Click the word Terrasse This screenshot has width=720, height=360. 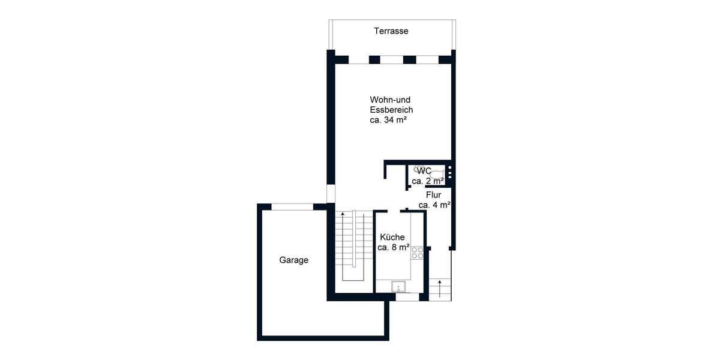(x=391, y=31)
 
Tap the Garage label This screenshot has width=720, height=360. (x=294, y=260)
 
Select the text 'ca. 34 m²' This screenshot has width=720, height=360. (x=389, y=120)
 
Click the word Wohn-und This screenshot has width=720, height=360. (x=389, y=99)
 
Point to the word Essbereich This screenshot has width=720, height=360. (x=391, y=110)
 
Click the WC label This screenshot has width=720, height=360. (x=424, y=171)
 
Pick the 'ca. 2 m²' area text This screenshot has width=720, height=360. (x=427, y=181)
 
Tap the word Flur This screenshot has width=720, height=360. (x=434, y=195)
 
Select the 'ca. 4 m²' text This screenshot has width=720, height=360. (x=434, y=205)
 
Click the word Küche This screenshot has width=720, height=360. (x=392, y=237)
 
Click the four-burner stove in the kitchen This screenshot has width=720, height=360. (x=418, y=253)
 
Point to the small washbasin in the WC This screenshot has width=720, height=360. (x=416, y=169)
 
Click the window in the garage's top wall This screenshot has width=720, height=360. (x=292, y=207)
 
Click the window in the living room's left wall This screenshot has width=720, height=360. (x=330, y=194)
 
